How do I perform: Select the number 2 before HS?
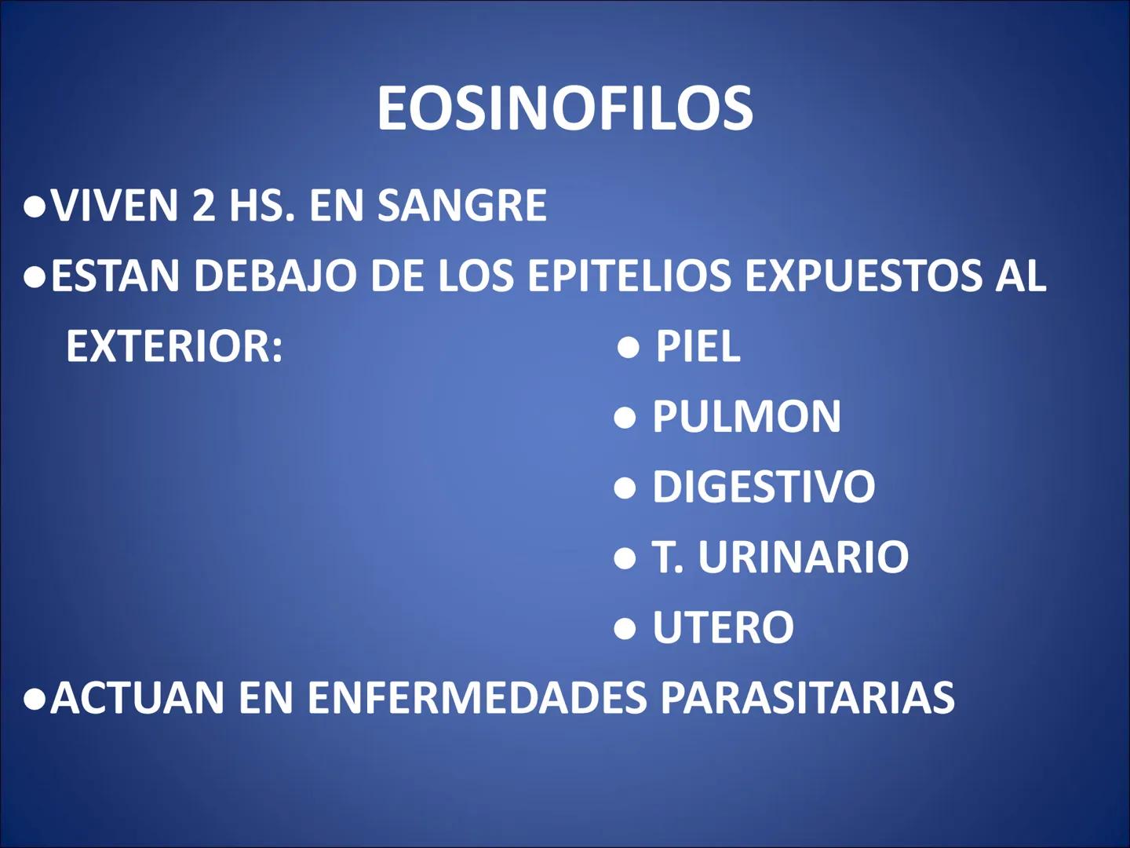pyautogui.click(x=203, y=206)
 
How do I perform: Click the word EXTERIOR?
pyautogui.click(x=174, y=346)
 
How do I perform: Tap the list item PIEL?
pyautogui.click(x=698, y=346)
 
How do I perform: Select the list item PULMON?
pyautogui.click(x=746, y=416)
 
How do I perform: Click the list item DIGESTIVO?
pyautogui.click(x=764, y=487)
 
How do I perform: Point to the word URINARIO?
pyautogui.click(x=803, y=557)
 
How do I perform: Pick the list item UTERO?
pyautogui.click(x=723, y=627)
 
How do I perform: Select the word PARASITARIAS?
pyautogui.click(x=807, y=697)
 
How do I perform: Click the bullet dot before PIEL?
pyautogui.click(x=629, y=347)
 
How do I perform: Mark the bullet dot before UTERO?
pyautogui.click(x=625, y=628)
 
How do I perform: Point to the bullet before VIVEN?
pyautogui.click(x=35, y=207)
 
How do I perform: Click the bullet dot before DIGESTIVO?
pyautogui.click(x=625, y=488)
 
